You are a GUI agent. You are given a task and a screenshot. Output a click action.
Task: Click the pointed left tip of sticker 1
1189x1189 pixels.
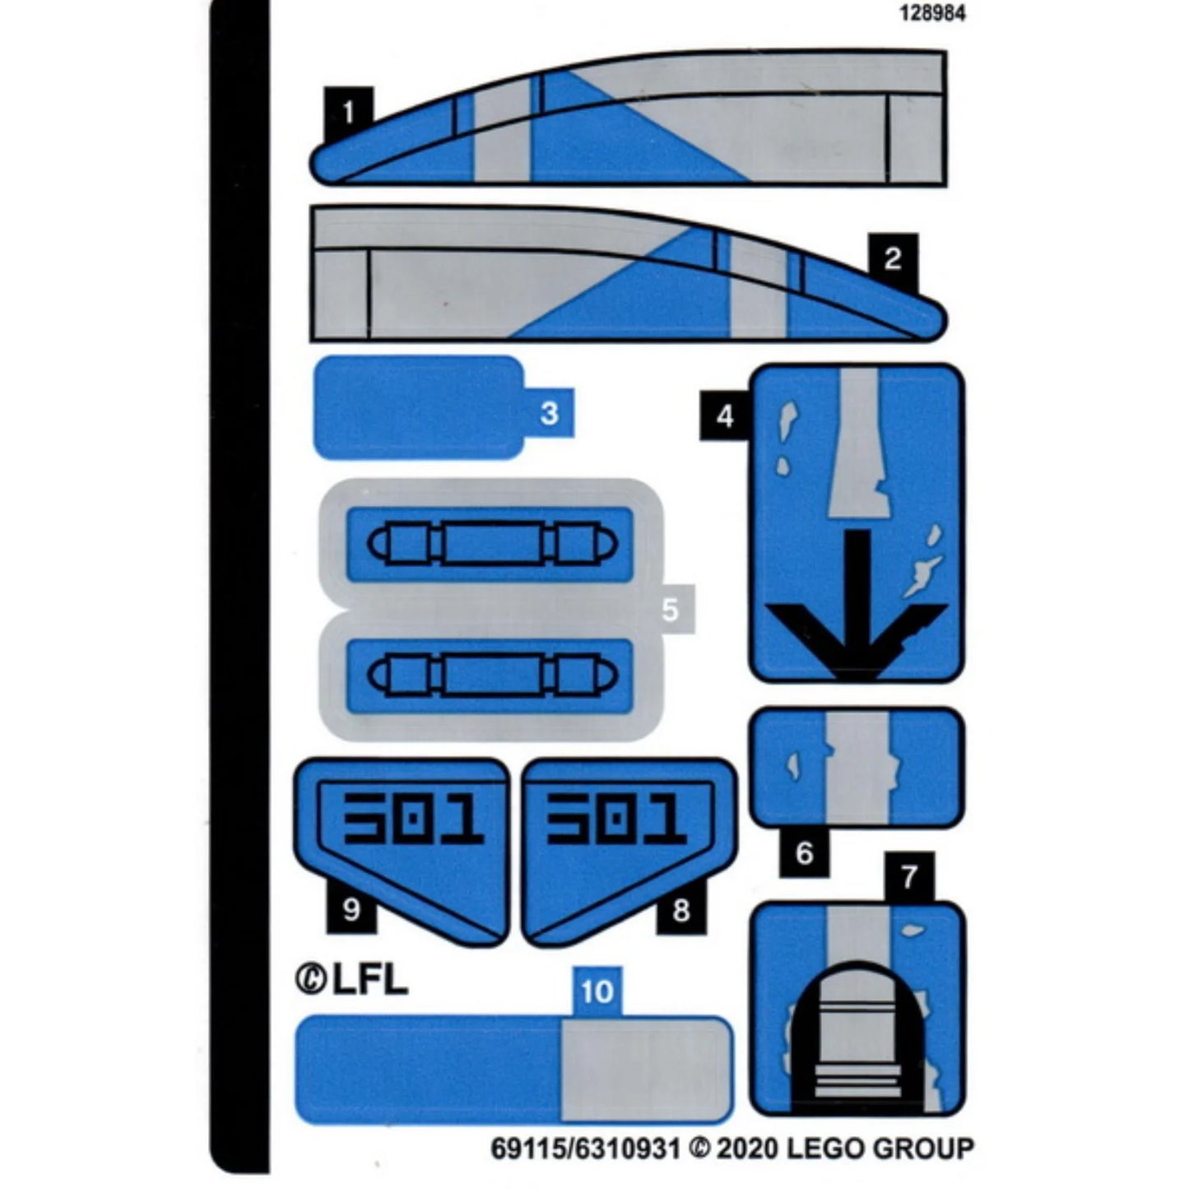click(312, 165)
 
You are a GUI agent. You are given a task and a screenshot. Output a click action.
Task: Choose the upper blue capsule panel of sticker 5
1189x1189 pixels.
click(490, 544)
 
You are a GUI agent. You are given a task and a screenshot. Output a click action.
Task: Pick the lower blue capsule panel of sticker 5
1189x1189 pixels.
click(490, 675)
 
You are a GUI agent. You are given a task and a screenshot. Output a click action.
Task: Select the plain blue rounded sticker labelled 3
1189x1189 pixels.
click(420, 408)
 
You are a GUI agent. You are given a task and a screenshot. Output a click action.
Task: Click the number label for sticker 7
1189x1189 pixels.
click(909, 877)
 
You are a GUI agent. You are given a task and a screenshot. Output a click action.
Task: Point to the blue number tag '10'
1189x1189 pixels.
click(597, 992)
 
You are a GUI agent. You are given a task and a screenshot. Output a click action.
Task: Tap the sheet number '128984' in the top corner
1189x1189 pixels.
click(932, 13)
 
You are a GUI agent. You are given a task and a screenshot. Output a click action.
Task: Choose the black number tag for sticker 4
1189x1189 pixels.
click(724, 416)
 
